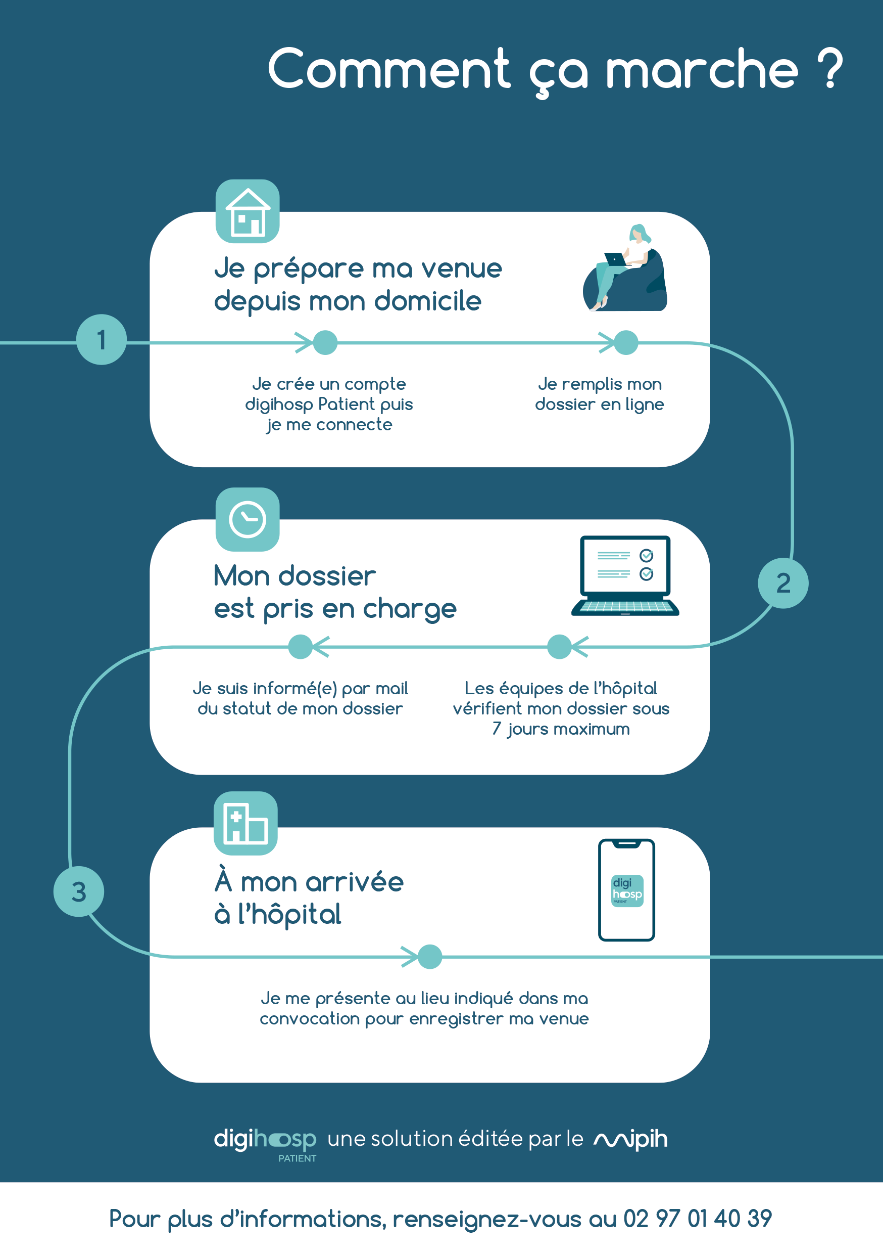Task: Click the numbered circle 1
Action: coord(102,340)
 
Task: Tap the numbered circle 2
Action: coord(783,583)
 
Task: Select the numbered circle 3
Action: coord(79,891)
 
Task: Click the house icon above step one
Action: coord(248,211)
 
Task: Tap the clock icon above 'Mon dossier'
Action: coord(248,519)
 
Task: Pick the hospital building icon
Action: coord(246,823)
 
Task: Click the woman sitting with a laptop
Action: coord(625,267)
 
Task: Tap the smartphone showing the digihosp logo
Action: coord(626,890)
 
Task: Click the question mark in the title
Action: coord(830,68)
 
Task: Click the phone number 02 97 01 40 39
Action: coord(698,1218)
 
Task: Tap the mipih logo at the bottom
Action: coord(631,1139)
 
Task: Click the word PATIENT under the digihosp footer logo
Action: coord(298,1158)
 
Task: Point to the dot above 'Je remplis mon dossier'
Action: coord(626,342)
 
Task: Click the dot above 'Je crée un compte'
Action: coord(325,342)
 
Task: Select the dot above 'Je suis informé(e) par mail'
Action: coord(300,647)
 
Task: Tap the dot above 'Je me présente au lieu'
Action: coord(429,956)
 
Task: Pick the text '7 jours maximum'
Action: coord(561,729)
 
